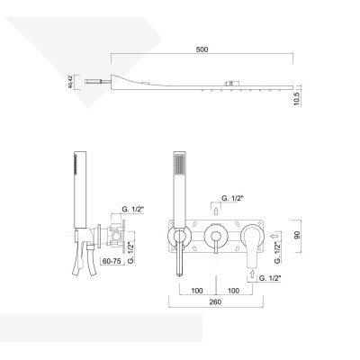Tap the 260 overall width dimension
click(213, 303)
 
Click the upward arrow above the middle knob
click(215, 210)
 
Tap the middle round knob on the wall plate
click(215, 238)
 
